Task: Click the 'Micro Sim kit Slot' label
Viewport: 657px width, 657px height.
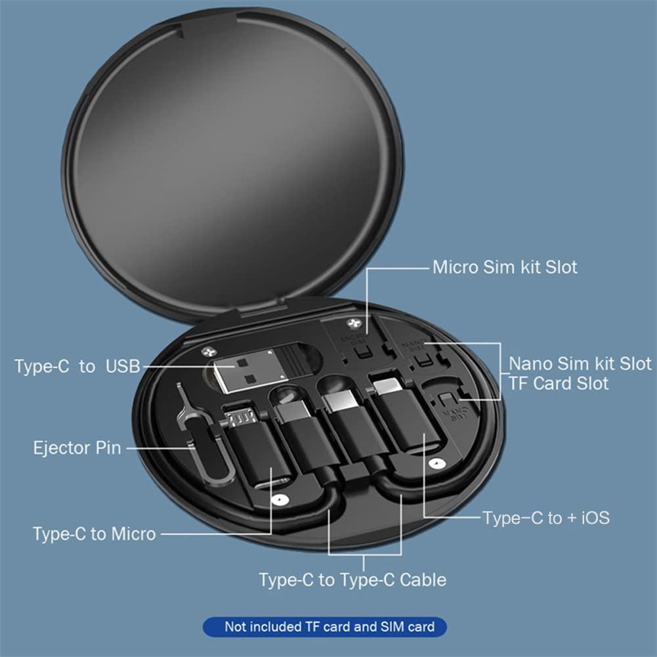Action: (x=505, y=267)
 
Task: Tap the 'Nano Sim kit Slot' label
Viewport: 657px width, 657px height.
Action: (x=580, y=363)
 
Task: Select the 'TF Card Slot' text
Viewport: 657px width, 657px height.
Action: (x=559, y=383)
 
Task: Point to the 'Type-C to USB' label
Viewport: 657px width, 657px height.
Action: (x=77, y=366)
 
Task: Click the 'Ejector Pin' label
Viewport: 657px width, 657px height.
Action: (x=77, y=448)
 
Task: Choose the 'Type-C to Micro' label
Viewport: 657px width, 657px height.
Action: (x=95, y=534)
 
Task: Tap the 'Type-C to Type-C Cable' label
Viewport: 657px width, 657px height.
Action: (x=352, y=580)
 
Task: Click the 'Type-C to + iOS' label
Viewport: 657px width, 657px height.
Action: (x=546, y=518)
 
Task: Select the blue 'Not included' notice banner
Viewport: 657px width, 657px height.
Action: (x=325, y=627)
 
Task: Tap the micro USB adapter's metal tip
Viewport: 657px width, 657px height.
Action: (x=240, y=415)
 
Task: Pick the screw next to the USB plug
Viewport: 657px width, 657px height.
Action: (x=208, y=352)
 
